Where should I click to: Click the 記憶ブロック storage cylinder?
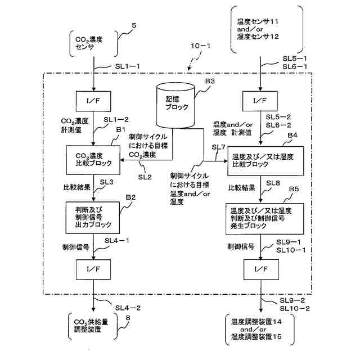click(x=175, y=105)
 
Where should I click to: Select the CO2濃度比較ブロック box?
click(x=93, y=160)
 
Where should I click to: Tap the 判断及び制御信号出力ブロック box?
click(x=93, y=218)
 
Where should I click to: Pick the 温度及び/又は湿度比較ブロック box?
click(x=265, y=161)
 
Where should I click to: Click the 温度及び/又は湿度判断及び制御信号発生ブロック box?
click(x=265, y=219)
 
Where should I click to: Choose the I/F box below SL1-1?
click(x=93, y=101)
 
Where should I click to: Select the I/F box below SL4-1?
click(x=93, y=269)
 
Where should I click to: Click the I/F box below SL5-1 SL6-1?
click(x=260, y=101)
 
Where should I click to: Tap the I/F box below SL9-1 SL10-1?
click(x=261, y=269)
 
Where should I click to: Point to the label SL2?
click(x=145, y=177)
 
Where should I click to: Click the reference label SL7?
click(x=219, y=147)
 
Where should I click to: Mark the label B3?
click(x=210, y=81)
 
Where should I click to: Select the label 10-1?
click(x=200, y=46)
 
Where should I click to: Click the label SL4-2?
click(x=128, y=308)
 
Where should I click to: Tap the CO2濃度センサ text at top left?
click(x=89, y=43)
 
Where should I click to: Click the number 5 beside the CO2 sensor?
click(x=134, y=25)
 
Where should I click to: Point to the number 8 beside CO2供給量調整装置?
click(x=128, y=318)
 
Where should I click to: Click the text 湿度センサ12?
click(x=258, y=37)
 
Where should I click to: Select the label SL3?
click(x=106, y=182)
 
